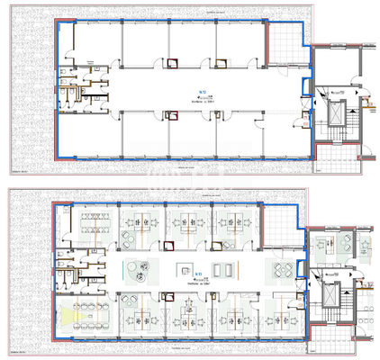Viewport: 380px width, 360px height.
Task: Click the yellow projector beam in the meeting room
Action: (x=73, y=314)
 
